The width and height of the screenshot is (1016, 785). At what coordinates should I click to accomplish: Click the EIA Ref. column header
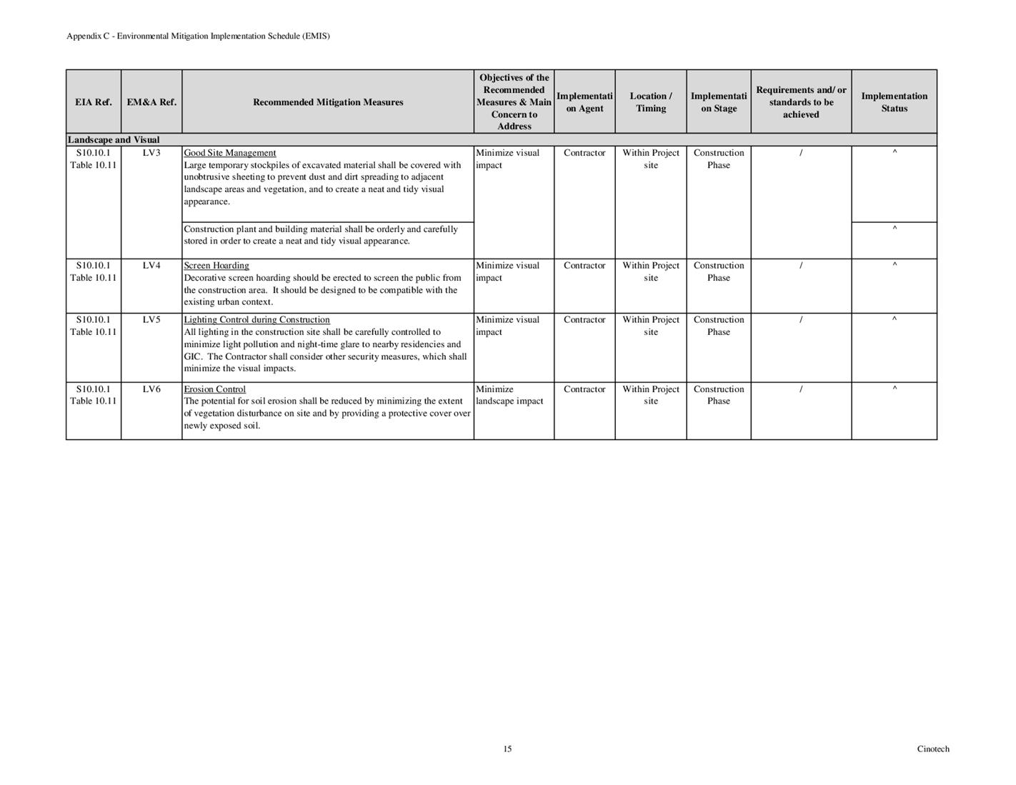pos(94,102)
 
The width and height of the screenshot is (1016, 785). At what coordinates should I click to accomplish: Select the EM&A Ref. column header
pos(151,102)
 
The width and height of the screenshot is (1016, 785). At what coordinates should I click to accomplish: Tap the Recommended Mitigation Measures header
pos(328,102)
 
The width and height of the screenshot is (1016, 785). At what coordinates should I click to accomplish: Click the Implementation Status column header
pos(894,102)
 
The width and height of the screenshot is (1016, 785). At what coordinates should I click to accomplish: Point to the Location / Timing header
pos(650,102)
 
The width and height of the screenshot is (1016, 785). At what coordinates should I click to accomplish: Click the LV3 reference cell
pos(151,153)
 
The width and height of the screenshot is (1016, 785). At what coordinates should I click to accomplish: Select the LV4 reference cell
pos(151,266)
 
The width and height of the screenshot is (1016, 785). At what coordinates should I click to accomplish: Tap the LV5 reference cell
pos(151,320)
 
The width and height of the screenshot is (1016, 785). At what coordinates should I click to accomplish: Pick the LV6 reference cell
pos(151,389)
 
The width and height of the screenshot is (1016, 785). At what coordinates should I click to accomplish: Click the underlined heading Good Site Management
pos(230,153)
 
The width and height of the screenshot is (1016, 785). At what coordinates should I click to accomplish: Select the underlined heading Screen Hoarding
pos(216,266)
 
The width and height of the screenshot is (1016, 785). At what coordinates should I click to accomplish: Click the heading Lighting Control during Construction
pos(257,320)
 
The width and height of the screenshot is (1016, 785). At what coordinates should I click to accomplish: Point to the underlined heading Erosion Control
pos(215,389)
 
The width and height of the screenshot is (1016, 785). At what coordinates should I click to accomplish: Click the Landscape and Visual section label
pos(114,140)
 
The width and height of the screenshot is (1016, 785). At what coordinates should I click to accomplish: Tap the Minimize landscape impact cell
pos(509,395)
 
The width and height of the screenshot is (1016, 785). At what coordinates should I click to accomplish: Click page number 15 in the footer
pos(507,749)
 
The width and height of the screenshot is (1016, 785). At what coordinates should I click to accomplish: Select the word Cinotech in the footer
pos(933,749)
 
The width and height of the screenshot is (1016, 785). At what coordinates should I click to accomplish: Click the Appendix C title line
pos(198,36)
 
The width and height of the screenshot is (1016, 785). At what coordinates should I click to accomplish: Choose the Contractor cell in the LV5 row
pos(584,320)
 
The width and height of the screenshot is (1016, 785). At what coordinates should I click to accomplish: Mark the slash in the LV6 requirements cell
pos(801,389)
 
